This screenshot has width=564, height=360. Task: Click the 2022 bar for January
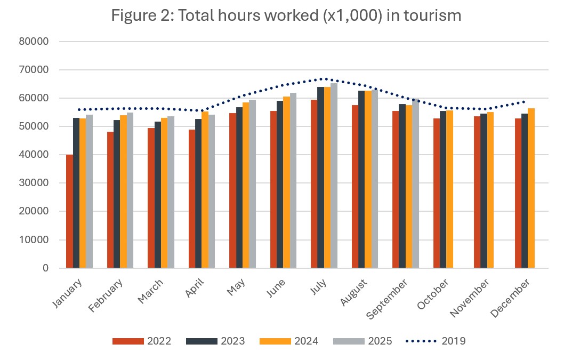click(69, 211)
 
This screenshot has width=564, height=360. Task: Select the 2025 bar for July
click(334, 176)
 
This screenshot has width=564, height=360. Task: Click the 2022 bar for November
click(477, 192)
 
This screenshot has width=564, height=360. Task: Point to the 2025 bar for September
click(415, 183)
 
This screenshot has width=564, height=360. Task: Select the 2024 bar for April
click(205, 189)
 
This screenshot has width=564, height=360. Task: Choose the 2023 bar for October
click(443, 189)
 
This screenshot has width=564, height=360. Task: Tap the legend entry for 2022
click(142, 341)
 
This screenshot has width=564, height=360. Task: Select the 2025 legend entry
click(362, 341)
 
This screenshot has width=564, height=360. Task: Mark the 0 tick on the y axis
click(46, 268)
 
